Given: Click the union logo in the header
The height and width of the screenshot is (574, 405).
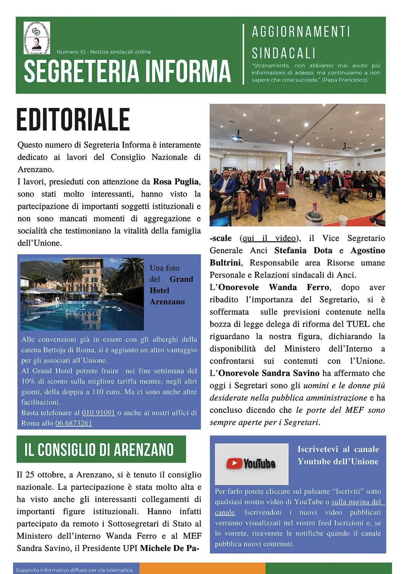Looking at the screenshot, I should tap(37, 38).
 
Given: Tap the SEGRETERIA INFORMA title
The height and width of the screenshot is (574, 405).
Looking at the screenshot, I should tap(127, 71).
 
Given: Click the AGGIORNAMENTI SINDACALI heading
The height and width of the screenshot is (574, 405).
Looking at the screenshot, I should tap(301, 42).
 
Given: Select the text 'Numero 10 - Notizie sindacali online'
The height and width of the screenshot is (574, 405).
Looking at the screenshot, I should tap(104, 52).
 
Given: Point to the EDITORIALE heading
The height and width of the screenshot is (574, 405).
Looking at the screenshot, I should tap(73, 119).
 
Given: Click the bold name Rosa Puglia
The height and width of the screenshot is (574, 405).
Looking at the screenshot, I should tap(176, 182).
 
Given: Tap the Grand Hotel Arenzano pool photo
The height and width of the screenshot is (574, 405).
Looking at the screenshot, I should tap(82, 294).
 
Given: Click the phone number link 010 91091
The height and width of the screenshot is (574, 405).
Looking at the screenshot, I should tap(98, 413).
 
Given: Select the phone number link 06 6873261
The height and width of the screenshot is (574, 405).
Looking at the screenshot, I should tap(74, 423).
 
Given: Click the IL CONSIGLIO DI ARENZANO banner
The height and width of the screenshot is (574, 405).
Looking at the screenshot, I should tap(101, 449).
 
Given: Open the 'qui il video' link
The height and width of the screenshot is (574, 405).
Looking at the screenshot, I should tap(269, 238).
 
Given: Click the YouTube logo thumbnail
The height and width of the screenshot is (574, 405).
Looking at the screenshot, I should tap(251, 464).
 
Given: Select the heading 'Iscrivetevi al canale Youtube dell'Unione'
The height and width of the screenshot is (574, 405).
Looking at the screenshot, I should tap(338, 455).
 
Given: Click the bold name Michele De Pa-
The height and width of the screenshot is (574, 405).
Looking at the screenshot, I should tap(170, 548).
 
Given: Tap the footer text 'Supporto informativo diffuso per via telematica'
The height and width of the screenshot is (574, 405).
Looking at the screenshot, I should tap(74, 570).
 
